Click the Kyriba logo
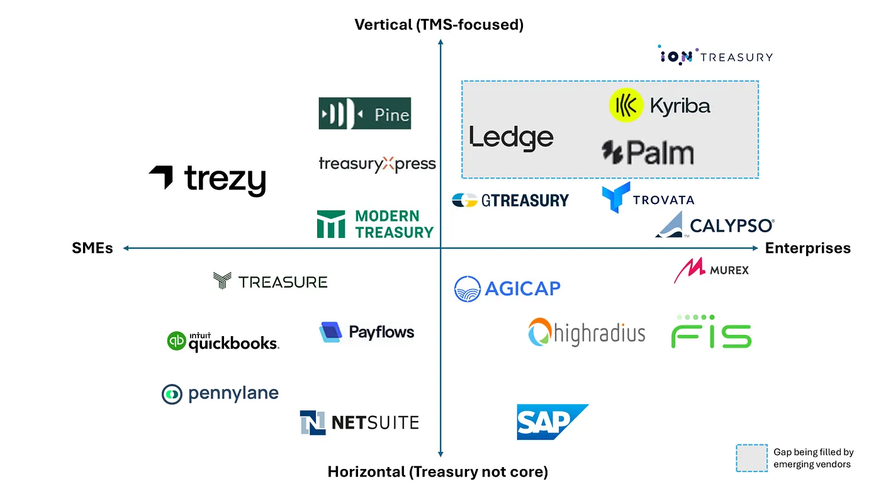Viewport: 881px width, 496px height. click(x=659, y=105)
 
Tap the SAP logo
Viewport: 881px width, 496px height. click(x=552, y=421)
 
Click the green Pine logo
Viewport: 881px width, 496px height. click(x=365, y=113)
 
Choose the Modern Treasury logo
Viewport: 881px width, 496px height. click(x=376, y=225)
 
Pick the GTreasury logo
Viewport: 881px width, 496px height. click(x=510, y=200)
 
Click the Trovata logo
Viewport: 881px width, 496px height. click(x=648, y=198)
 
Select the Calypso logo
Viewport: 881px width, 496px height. click(x=714, y=225)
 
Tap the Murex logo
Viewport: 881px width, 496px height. click(x=711, y=271)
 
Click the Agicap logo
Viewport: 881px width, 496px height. click(x=507, y=289)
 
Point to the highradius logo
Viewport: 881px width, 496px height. click(x=587, y=332)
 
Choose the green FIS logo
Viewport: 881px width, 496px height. click(x=711, y=332)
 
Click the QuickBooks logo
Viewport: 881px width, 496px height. click(x=223, y=341)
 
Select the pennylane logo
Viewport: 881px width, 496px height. click(x=220, y=394)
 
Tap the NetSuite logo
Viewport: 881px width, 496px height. click(x=359, y=422)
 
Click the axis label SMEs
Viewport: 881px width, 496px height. click(x=93, y=248)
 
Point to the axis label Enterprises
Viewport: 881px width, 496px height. click(x=807, y=248)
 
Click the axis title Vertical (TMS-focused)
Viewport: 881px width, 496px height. click(x=439, y=25)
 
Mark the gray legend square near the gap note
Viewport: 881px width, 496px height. click(x=752, y=458)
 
